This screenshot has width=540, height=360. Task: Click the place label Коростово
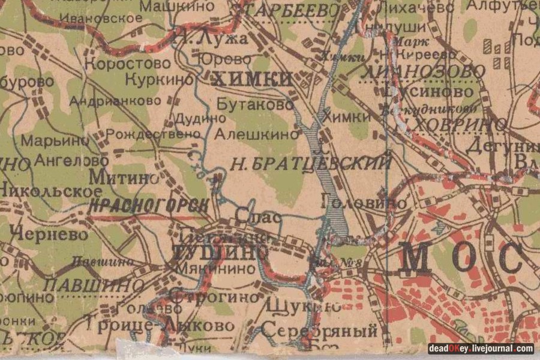point(127,64)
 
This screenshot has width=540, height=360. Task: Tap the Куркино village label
point(160,79)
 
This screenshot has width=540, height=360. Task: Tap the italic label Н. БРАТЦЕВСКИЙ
point(311,163)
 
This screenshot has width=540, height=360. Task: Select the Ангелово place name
point(71,161)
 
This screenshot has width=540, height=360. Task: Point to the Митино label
point(124,177)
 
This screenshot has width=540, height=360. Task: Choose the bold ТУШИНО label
point(219,252)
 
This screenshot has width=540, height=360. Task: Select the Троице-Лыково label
point(160,325)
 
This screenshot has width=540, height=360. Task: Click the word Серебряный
point(319,331)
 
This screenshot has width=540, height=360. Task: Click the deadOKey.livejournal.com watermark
point(480,349)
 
